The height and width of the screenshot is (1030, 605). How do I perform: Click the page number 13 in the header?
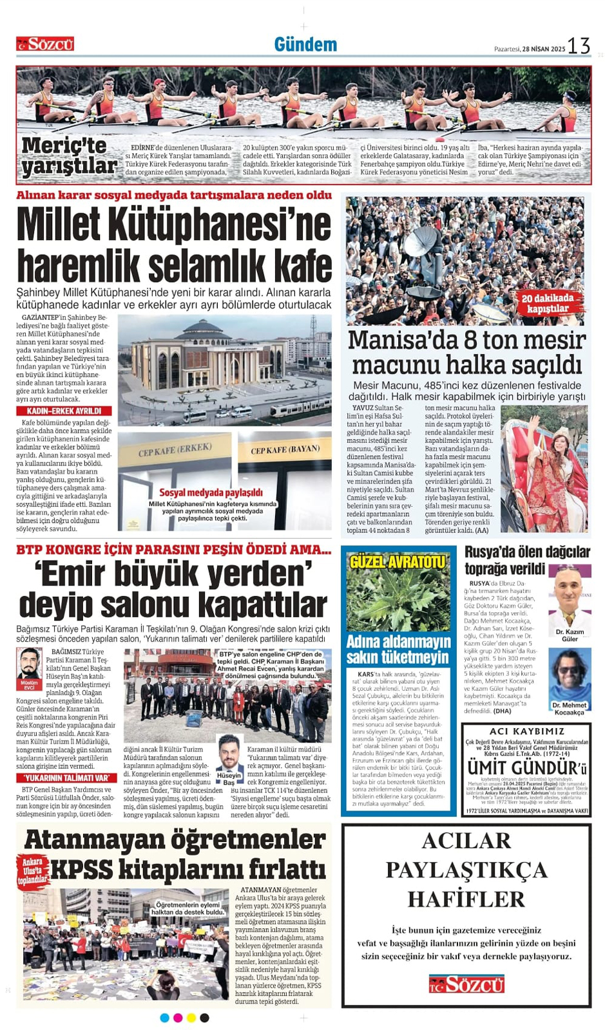point(578,45)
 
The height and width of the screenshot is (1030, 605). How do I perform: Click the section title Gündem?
point(305,44)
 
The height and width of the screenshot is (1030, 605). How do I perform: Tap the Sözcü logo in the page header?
point(45,44)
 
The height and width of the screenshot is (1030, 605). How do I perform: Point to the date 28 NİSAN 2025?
point(543,49)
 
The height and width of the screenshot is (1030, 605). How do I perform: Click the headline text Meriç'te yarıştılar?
point(68,156)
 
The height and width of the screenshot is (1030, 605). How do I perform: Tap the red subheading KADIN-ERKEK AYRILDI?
point(64,411)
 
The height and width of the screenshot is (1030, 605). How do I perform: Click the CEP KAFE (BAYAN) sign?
point(285,449)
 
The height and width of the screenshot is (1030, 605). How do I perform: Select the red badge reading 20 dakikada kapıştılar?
point(548,303)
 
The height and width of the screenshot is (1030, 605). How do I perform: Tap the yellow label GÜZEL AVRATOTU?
point(398,562)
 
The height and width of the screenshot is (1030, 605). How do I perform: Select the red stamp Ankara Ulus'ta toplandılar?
point(32,870)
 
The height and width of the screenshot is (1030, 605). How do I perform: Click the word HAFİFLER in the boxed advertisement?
point(466,899)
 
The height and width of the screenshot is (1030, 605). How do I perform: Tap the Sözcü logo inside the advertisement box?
point(466,984)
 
